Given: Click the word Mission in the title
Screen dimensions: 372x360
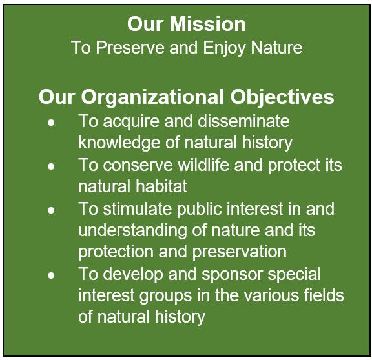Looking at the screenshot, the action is tap(207, 24).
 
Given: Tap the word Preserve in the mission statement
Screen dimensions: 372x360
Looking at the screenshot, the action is tap(130, 47).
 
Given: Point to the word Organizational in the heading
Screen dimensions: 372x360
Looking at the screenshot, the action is tap(152, 97).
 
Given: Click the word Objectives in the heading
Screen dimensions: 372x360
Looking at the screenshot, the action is tap(282, 97).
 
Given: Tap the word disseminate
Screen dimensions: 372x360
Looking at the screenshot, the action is tap(243, 121).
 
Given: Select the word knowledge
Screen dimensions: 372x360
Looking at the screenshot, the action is tap(119, 143).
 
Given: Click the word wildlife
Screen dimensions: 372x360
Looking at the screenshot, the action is tap(203, 165).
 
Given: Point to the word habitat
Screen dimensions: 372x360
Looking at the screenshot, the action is tap(161, 186).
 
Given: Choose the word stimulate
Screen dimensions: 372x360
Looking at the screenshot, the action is tap(138, 208).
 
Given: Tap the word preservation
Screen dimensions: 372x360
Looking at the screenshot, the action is tap(240, 252).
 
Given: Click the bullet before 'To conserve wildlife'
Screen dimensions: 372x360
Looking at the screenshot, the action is tap(51, 166).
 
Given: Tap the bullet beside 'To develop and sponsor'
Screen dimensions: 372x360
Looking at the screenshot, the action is tap(51, 275).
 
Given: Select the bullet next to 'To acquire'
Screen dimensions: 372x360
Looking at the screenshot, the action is tap(51, 123).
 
